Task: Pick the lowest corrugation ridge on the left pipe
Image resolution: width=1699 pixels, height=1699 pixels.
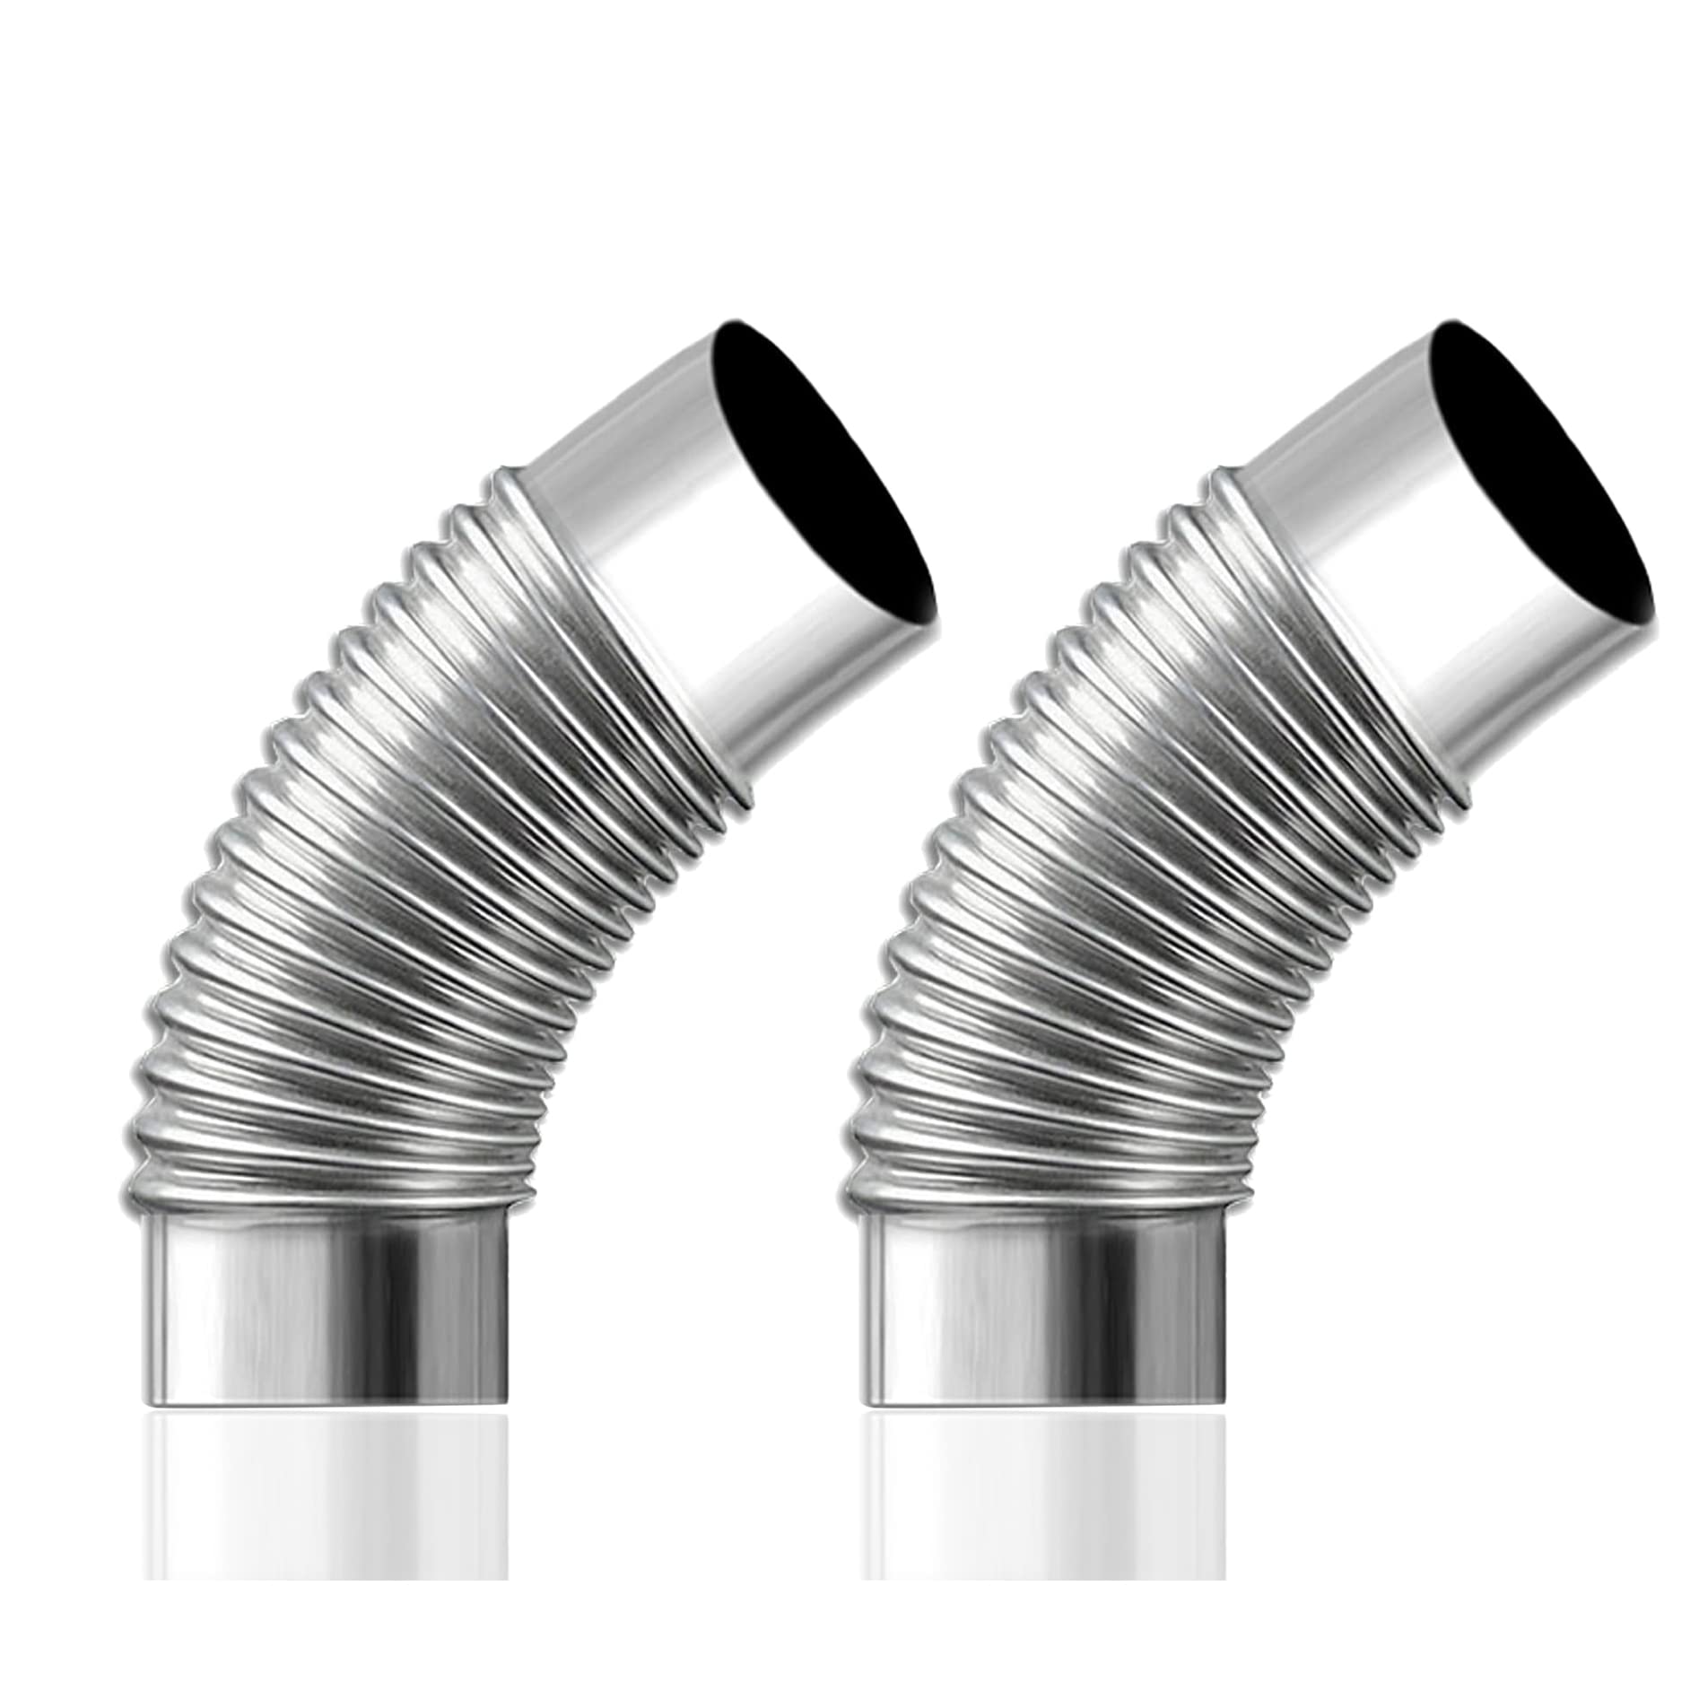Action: coord(323,1193)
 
